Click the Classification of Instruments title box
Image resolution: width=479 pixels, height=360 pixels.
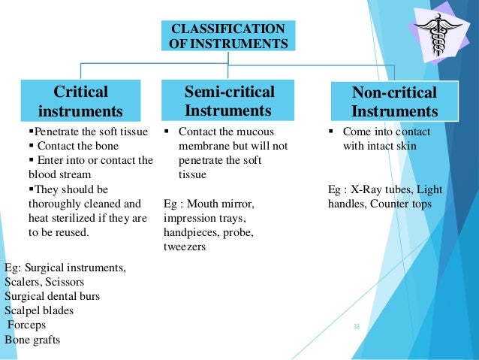[228, 36]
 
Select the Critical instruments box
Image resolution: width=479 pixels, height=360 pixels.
[80, 101]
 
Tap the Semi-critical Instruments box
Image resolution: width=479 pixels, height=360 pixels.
[230, 101]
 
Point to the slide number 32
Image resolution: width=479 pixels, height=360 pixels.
[357, 326]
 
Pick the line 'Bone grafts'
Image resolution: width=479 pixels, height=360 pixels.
[32, 340]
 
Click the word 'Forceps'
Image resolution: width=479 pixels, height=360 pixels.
[27, 325]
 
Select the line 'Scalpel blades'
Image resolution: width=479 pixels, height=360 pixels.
[39, 310]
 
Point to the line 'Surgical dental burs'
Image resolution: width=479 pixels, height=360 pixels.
[52, 296]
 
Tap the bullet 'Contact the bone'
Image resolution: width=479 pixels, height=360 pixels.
[72, 146]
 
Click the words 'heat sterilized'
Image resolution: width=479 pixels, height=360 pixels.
[56, 218]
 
